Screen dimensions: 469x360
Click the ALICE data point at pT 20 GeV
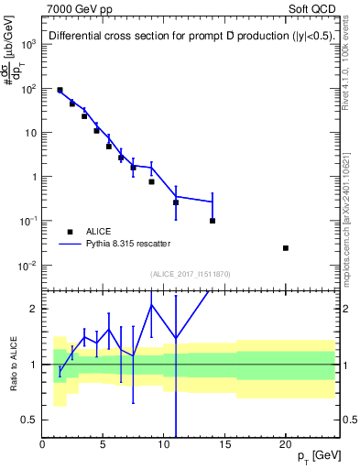pyautogui.click(x=286, y=248)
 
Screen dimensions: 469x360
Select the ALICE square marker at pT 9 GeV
pyautogui.click(x=151, y=181)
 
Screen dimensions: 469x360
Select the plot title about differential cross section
pyautogui.click(x=190, y=37)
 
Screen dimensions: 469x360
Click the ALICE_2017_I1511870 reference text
pyautogui.click(x=189, y=273)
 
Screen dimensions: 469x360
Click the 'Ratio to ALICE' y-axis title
pyautogui.click(x=12, y=364)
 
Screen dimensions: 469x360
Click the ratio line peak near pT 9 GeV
pyautogui.click(x=151, y=305)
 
